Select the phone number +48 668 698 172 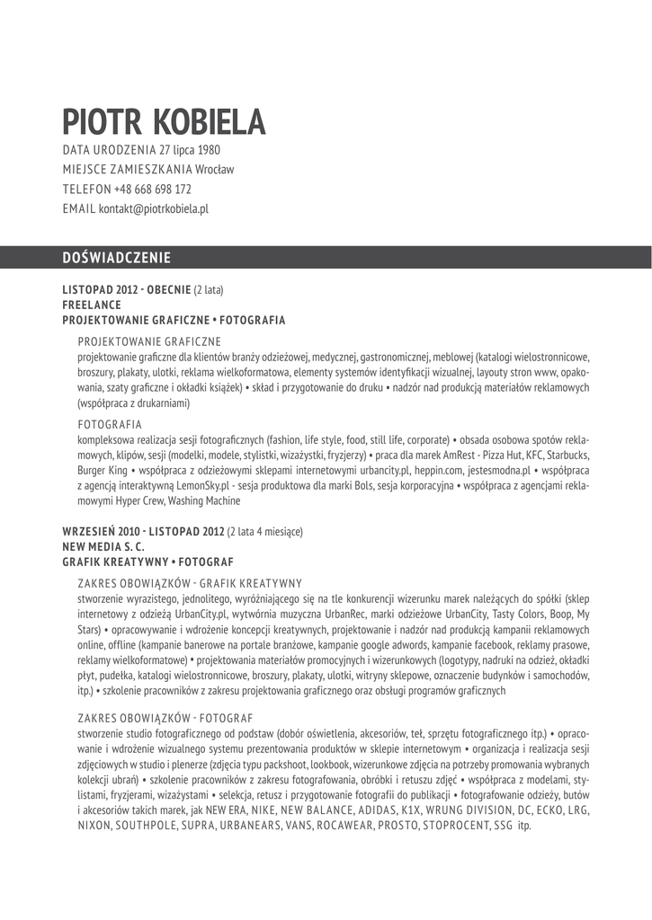(x=153, y=190)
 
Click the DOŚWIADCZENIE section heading (x=116, y=258)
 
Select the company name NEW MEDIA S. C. (x=103, y=545)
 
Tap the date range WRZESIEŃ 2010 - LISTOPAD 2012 (x=143, y=530)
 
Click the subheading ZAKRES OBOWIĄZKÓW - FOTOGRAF (x=165, y=718)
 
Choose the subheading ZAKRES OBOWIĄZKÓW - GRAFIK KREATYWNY (x=190, y=582)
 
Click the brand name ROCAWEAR (x=334, y=824)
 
